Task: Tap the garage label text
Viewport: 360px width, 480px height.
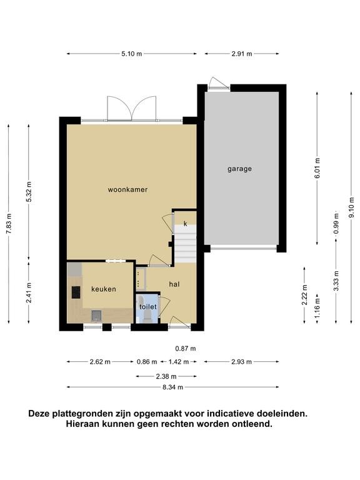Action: pos(240,169)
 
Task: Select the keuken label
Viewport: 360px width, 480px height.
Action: pos(104,289)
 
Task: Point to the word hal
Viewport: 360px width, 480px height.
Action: pos(174,284)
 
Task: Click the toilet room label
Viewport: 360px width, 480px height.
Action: pos(148,307)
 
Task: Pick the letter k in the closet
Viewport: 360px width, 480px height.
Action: pos(185,224)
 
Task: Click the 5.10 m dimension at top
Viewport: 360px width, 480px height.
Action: pos(132,54)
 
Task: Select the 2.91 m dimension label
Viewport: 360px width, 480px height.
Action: pos(242,54)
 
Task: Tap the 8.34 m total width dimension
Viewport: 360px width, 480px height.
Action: pos(173,387)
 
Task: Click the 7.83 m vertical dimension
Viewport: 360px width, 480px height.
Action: pos(9,224)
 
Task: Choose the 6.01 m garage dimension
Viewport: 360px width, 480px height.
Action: pos(317,167)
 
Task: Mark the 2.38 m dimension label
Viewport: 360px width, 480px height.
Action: pos(166,376)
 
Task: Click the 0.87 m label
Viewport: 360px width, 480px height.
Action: pos(186,348)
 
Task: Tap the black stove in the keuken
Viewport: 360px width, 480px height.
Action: pos(76,292)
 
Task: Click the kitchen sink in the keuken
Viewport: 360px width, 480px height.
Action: pos(96,315)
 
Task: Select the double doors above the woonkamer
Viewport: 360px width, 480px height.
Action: pos(132,109)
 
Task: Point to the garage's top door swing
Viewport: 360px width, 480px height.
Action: pos(219,82)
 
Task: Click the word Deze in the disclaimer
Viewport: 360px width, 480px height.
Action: pos(39,414)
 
